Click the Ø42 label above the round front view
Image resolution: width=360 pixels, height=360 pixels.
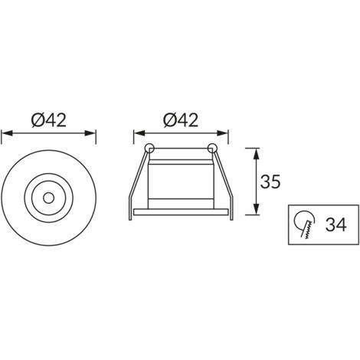pos(48,120)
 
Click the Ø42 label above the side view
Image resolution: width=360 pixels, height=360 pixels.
pos(181,120)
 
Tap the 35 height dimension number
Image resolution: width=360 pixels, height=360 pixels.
pos(270,182)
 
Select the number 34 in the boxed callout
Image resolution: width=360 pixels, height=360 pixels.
pos(335,224)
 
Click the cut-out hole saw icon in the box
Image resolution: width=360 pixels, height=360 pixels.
pos(304,224)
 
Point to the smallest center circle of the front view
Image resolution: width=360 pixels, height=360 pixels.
pos(48,198)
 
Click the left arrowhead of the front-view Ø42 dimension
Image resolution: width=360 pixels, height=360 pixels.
pos(7,133)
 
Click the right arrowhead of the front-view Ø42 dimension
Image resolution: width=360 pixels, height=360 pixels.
pos(90,133)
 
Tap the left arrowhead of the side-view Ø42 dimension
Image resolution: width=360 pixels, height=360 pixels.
pos(139,133)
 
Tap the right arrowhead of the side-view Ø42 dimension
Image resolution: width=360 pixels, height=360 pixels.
pos(222,133)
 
